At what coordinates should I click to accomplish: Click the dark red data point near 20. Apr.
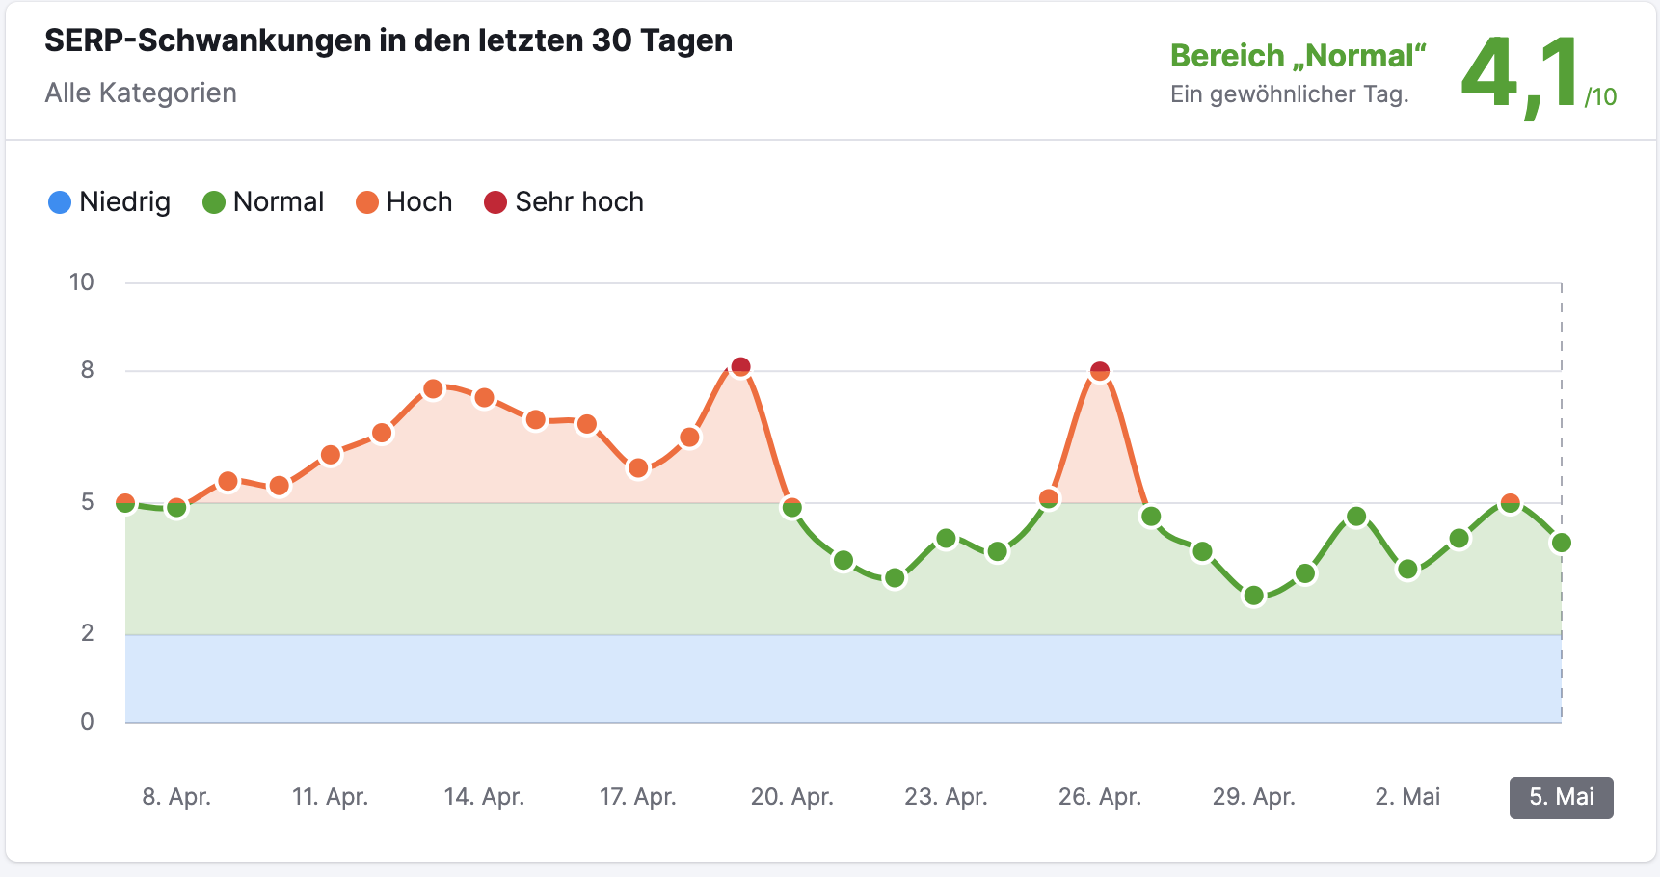pyautogui.click(x=740, y=367)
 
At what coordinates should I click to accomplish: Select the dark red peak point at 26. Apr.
pyautogui.click(x=1100, y=371)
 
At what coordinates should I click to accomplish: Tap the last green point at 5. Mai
pyautogui.click(x=1562, y=543)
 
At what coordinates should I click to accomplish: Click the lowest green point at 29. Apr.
pyautogui.click(x=1253, y=596)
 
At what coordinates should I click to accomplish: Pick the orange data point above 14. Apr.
pyautogui.click(x=484, y=398)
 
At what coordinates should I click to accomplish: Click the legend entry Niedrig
pyautogui.click(x=109, y=202)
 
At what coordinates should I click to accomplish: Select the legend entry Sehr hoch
pyautogui.click(x=564, y=202)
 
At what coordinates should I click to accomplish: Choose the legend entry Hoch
pyautogui.click(x=404, y=202)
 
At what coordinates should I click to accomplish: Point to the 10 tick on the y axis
pyautogui.click(x=82, y=282)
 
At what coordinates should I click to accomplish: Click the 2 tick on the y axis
pyautogui.click(x=88, y=633)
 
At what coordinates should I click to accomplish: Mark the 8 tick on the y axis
pyautogui.click(x=88, y=370)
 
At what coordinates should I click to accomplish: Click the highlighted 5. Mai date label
pyautogui.click(x=1561, y=797)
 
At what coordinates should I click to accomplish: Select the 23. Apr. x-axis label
pyautogui.click(x=946, y=797)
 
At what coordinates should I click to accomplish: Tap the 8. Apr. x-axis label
pyautogui.click(x=176, y=797)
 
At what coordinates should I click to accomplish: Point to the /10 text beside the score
pyautogui.click(x=1600, y=97)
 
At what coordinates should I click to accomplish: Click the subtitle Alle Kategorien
pyautogui.click(x=141, y=93)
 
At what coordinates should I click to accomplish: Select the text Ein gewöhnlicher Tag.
pyautogui.click(x=1289, y=94)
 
